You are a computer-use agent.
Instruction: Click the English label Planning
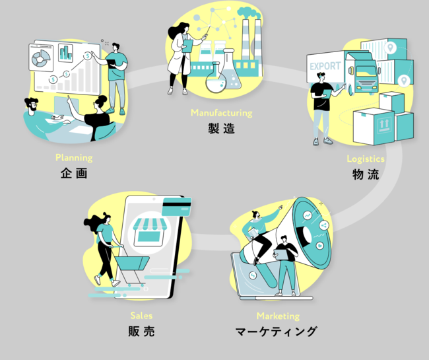(x=74, y=158)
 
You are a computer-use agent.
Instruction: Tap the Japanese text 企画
(x=74, y=174)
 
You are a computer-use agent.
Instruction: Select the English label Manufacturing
(x=221, y=113)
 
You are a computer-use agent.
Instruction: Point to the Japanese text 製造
(x=221, y=129)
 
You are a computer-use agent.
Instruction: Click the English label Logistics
(x=366, y=159)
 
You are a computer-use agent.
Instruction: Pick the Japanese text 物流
(x=366, y=175)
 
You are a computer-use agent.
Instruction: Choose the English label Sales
(x=141, y=316)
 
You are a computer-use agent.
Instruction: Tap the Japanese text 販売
(x=141, y=332)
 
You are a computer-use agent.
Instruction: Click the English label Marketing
(x=278, y=316)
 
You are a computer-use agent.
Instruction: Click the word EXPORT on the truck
(x=325, y=67)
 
